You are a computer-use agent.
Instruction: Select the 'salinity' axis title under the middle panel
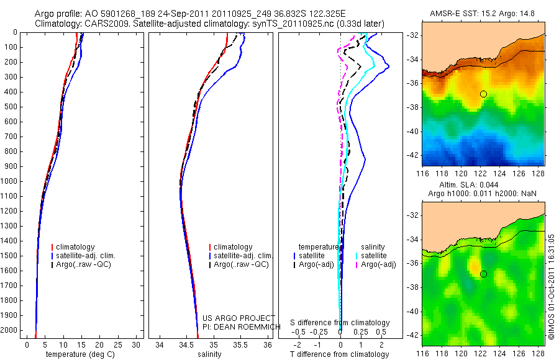click(209, 354)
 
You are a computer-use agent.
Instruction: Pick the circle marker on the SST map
click(483, 94)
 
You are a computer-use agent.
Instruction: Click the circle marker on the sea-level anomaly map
click(483, 274)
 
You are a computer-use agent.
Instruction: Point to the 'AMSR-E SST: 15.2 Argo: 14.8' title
click(484, 14)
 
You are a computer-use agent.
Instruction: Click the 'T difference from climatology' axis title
click(340, 354)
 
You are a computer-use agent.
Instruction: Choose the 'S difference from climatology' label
click(340, 323)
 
